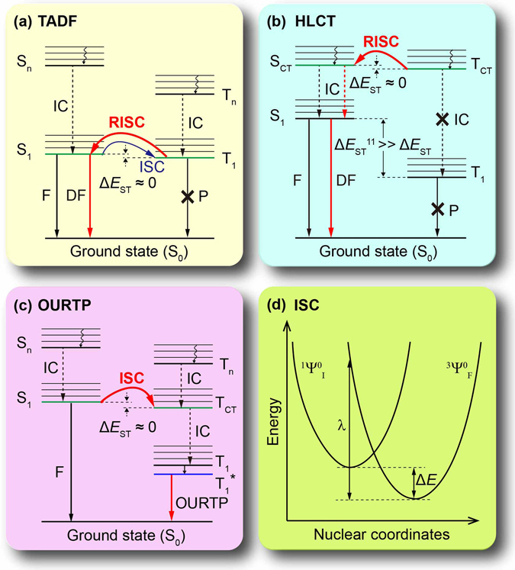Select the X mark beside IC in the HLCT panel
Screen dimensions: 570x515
coord(442,119)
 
